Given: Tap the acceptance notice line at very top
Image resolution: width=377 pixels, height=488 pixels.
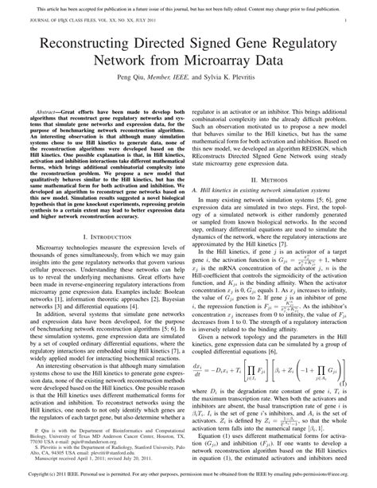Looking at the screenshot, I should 188,6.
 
